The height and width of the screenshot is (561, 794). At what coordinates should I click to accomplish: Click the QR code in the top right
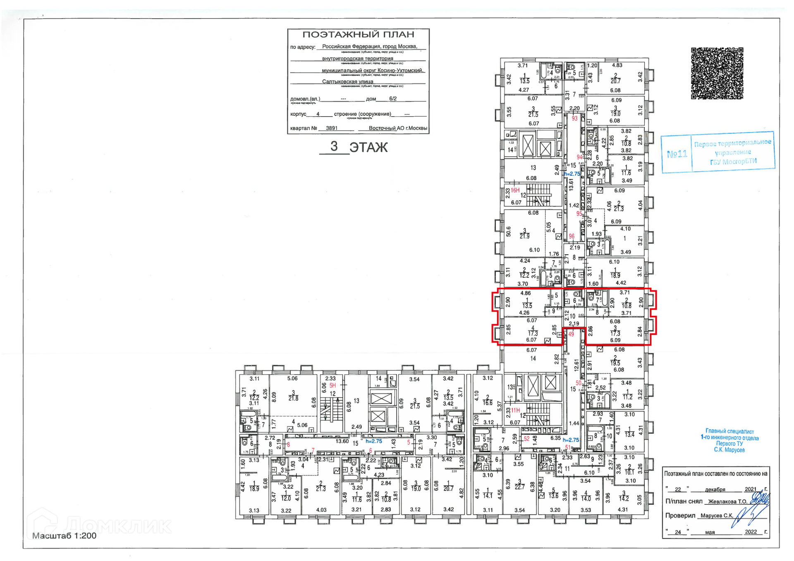[x=717, y=73]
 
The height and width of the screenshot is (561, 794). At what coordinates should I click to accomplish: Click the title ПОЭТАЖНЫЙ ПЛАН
[x=358, y=35]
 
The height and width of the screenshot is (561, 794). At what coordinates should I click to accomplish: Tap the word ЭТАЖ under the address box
[x=368, y=147]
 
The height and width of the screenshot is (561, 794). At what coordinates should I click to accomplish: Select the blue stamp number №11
[x=677, y=154]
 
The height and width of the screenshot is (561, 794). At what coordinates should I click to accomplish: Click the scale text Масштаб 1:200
[x=64, y=536]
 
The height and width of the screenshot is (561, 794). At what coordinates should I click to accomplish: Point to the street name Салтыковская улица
[x=347, y=81]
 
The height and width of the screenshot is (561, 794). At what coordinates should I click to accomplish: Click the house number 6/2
[x=392, y=99]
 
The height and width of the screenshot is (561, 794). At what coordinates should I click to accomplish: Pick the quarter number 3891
[x=331, y=128]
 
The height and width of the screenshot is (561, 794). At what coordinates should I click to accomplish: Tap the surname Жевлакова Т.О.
[x=727, y=501]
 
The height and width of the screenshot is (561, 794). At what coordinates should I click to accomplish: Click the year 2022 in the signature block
[x=751, y=532]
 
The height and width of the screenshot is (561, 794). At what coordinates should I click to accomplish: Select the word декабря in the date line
[x=715, y=489]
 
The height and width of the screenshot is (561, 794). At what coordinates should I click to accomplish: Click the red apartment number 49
[x=571, y=334]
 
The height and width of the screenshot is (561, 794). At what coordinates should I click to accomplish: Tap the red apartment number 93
[x=574, y=118]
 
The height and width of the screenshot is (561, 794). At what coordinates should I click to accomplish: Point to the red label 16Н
[x=515, y=190]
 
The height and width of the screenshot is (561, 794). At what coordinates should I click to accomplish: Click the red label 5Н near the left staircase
[x=332, y=385]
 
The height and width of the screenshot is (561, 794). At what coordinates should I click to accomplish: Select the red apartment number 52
[x=526, y=439]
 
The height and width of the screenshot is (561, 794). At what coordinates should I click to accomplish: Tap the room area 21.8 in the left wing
[x=293, y=398]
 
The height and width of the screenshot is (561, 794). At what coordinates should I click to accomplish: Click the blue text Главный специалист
[x=729, y=431]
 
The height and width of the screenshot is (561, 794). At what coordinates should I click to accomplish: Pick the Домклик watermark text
[x=118, y=526]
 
